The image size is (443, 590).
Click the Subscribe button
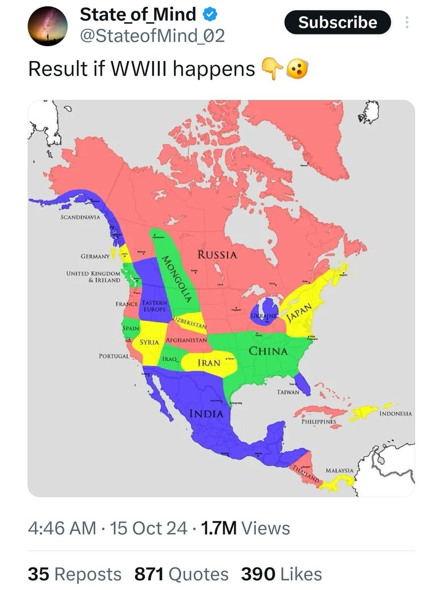[338, 23]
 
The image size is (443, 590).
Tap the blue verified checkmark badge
[209, 15]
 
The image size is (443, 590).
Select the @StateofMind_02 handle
[152, 36]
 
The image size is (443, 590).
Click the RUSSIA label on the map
[217, 255]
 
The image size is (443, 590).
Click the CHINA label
[268, 351]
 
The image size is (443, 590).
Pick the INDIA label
[207, 413]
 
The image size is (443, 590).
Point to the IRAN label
[208, 363]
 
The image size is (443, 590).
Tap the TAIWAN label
[288, 392]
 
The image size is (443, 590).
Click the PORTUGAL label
[114, 355]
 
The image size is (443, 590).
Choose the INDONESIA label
[396, 414]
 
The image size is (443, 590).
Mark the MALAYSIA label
[340, 471]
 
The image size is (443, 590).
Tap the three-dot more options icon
[407, 23]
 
